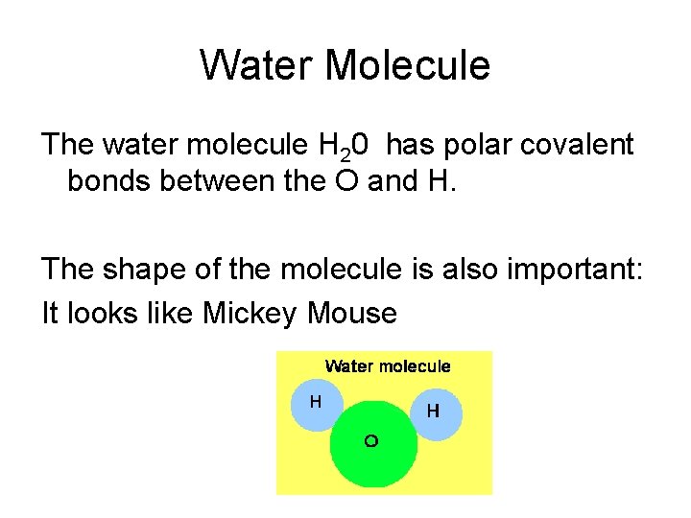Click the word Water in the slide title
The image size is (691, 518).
[257, 65]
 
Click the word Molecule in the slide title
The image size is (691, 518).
[408, 65]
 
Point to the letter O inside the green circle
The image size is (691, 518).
[370, 441]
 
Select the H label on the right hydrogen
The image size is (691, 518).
[433, 412]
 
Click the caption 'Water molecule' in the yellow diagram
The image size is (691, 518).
[387, 365]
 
